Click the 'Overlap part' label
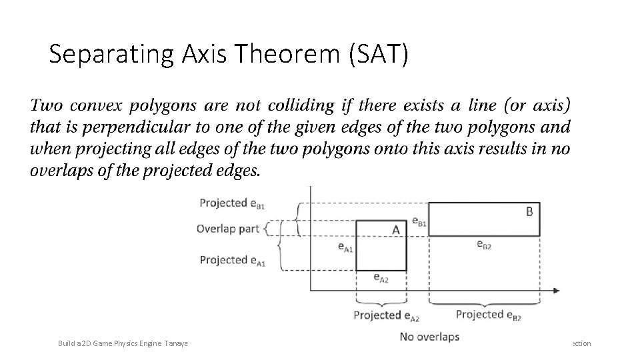point(228,229)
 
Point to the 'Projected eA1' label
point(232,260)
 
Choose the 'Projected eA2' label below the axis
point(387,315)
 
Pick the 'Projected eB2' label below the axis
point(489,315)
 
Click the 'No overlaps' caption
point(429,337)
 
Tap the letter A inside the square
point(395,230)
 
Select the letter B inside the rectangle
point(529,212)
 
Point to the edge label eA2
point(381,277)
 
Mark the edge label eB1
point(419,220)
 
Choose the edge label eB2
point(484,245)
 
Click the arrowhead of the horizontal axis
point(555,290)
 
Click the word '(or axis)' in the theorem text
point(531,105)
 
